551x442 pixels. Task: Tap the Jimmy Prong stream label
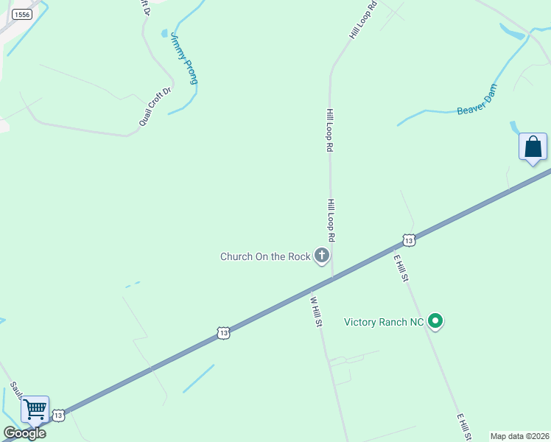pos(184,58)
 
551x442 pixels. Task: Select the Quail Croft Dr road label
pos(155,106)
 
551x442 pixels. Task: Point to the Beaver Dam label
pos(477,100)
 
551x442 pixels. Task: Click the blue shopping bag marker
pos(533,147)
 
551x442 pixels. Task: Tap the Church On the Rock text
pos(265,256)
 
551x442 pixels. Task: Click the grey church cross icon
pos(321,256)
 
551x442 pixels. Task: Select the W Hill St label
pos(317,312)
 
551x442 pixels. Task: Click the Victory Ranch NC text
pos(384,322)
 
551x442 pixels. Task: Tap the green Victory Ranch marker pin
pos(435,320)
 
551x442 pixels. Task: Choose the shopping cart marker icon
pos(35,409)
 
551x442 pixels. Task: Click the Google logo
pos(24,433)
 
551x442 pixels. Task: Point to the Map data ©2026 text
pos(519,436)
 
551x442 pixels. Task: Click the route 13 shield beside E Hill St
pos(409,240)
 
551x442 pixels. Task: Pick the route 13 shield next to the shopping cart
pos(59,415)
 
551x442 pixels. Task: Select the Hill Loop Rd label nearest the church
pos(331,221)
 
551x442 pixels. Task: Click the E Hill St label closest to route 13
pos(401,268)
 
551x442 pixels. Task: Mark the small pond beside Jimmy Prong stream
pos(164,33)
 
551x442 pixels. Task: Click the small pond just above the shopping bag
pos(513,127)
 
